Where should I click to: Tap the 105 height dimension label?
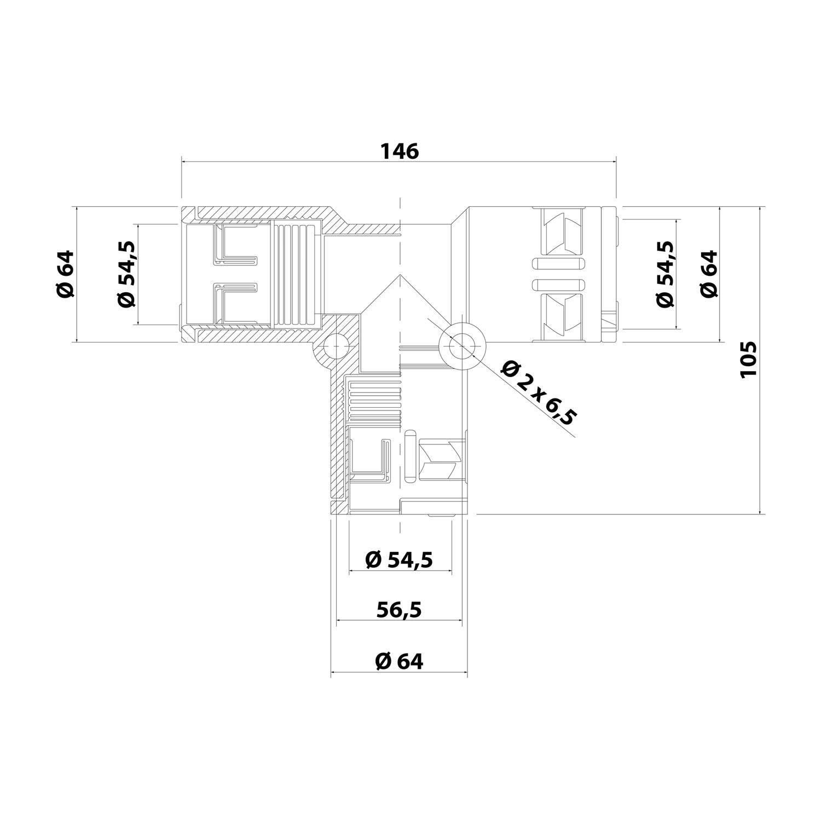coord(748,359)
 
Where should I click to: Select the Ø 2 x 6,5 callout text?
coord(539,392)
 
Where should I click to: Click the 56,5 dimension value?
coord(400,609)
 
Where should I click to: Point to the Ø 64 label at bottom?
coord(400,661)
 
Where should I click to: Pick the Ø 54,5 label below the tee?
coord(400,559)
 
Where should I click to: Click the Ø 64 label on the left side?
coord(65,274)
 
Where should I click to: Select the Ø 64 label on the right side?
coord(709,274)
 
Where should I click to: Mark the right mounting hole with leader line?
coord(462,345)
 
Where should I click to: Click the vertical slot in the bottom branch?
coord(410,455)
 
